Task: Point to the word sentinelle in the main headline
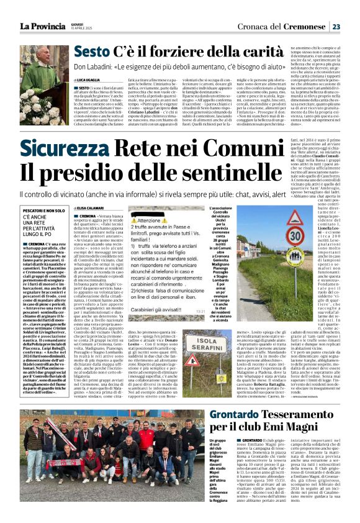click(x=229, y=172)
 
